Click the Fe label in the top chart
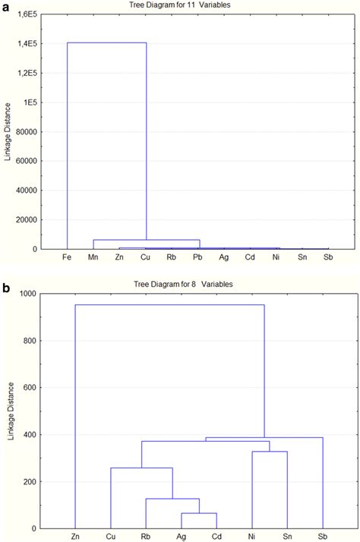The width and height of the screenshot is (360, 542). [x=67, y=257]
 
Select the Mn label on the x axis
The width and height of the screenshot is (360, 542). [x=93, y=257]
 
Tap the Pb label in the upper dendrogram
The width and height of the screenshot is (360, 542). [x=197, y=257]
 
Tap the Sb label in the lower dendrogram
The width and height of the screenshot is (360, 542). [x=322, y=536]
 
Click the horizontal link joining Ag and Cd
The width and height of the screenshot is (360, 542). [x=198, y=514]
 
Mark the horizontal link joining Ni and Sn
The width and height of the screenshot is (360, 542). [x=270, y=452]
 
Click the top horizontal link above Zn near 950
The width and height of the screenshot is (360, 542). [x=169, y=305]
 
